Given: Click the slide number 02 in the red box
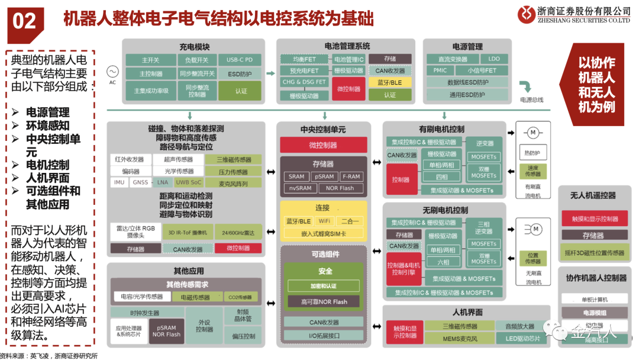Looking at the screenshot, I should [x=25, y=21].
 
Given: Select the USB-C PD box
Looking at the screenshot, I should [x=240, y=60].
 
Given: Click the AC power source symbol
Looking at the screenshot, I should [x=112, y=72].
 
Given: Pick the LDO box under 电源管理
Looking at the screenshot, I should [x=493, y=59].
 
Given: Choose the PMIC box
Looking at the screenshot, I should [x=440, y=70].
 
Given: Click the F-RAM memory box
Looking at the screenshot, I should [x=351, y=176].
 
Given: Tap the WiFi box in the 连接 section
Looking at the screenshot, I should [x=324, y=221].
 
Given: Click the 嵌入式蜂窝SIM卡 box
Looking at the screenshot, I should [x=324, y=233].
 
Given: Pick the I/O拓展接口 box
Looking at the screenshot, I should [x=324, y=335].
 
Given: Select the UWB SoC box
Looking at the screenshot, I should [x=189, y=182].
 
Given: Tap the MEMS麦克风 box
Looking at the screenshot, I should [x=460, y=339].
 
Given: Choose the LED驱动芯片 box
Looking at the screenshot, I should [x=523, y=339].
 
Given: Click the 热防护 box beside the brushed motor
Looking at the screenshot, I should [x=532, y=153].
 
